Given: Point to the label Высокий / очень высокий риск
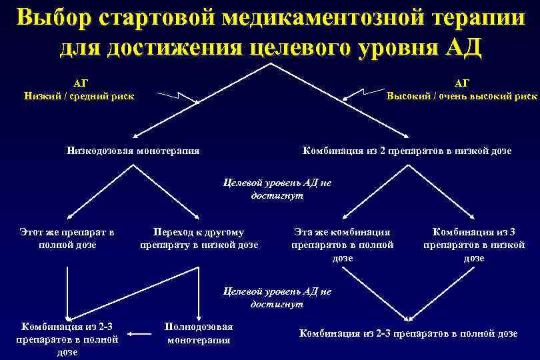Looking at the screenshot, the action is point(462,90).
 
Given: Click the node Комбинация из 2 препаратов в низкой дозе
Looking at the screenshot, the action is point(407,151).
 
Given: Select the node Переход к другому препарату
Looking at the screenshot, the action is point(199,239).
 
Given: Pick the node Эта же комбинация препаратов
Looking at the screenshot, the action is point(343,245).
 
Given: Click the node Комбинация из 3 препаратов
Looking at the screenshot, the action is point(474,245).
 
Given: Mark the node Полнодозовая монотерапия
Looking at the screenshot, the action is point(199,333).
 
